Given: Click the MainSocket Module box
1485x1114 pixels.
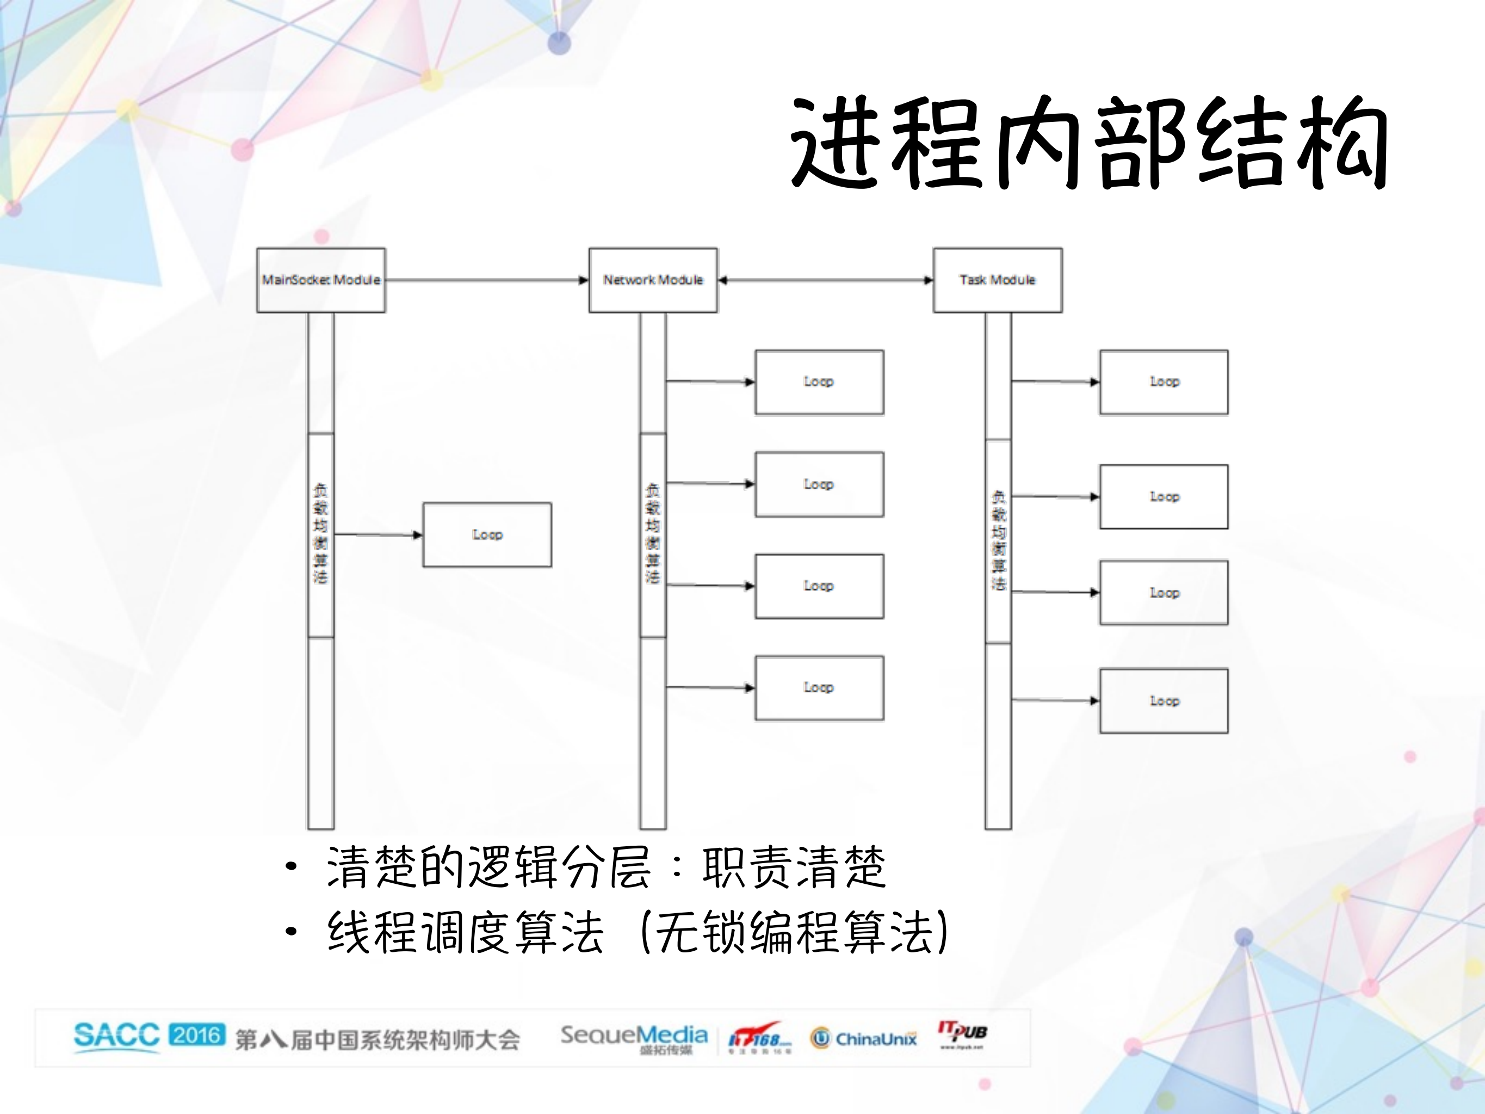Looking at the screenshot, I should coord(321,280).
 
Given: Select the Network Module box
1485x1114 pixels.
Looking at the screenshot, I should coord(653,280).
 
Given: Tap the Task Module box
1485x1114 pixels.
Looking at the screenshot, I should coord(997,280).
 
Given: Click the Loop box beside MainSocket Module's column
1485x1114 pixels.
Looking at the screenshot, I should coord(487,534).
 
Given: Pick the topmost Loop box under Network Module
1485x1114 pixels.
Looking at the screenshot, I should coord(819,382).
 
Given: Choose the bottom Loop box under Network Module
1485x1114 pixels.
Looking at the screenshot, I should coord(819,687).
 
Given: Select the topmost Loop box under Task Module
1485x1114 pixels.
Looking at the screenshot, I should coord(1164,382).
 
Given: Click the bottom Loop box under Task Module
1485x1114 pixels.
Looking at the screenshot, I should coord(1164,700).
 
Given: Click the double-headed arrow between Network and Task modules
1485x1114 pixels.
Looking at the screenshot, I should coord(825,280).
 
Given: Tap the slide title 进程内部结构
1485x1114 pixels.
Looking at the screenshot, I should coord(1087,143).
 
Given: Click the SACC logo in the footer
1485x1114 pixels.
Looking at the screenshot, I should coord(116,1036).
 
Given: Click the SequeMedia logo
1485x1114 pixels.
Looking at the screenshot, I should coord(634,1037).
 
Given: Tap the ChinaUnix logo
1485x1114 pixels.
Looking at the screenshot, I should coord(863,1039).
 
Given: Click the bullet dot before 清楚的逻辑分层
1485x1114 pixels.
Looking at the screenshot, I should coord(290,866).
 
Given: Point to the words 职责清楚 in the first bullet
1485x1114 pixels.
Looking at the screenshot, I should coord(794,866).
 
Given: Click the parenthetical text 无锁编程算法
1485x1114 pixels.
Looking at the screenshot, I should coord(795,932).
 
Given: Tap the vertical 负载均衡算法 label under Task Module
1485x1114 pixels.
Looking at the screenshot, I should coord(998,540).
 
